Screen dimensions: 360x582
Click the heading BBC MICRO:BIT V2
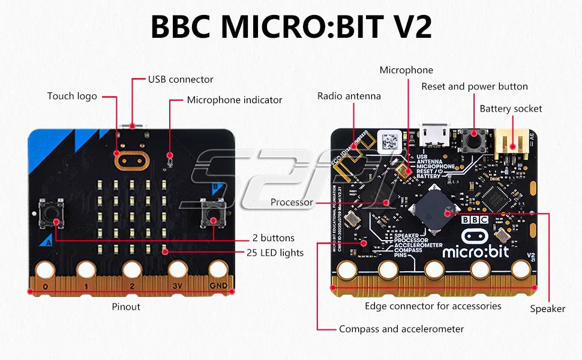tap(291, 27)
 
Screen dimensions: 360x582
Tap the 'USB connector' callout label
tap(181, 79)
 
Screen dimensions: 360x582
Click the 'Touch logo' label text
tap(72, 96)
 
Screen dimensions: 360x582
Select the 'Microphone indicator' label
tap(235, 100)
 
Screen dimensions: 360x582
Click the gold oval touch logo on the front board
tap(131, 160)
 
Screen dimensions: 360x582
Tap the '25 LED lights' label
tap(275, 253)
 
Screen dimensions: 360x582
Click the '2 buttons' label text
tap(273, 238)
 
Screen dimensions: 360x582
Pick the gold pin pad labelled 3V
tap(176, 272)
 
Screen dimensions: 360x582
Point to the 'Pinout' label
tap(126, 307)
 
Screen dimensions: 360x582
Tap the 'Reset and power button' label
tap(475, 86)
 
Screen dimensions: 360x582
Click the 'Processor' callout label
tap(292, 202)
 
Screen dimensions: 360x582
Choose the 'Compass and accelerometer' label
tap(401, 329)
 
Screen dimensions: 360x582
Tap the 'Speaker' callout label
tap(547, 309)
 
